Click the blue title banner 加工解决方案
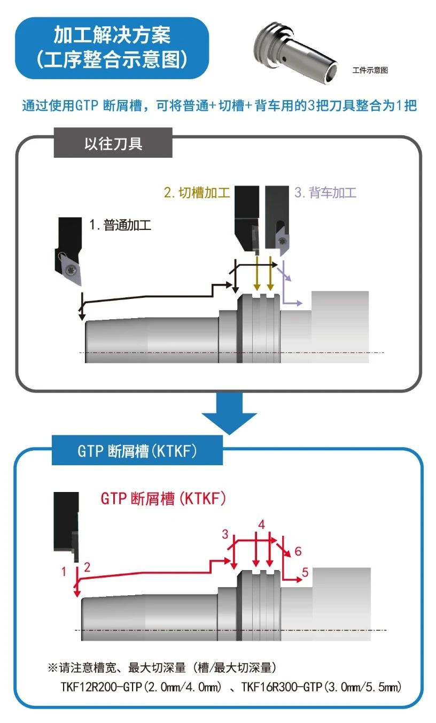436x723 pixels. (112, 48)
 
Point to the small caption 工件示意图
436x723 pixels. (370, 70)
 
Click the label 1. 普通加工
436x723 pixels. (120, 225)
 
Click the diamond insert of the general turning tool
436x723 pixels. (69, 268)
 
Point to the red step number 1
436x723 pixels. (64, 572)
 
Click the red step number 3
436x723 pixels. (225, 534)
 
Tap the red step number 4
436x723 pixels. (261, 524)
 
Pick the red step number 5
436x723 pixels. (305, 573)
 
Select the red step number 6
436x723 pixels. (298, 551)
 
